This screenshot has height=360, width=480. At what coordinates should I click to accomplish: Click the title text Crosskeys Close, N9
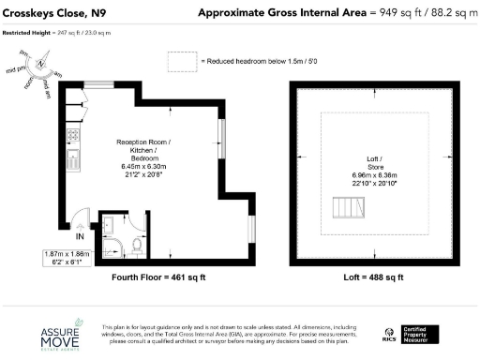52,12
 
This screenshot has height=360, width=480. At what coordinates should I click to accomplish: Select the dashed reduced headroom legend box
180,61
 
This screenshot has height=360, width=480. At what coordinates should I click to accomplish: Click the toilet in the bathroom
137,247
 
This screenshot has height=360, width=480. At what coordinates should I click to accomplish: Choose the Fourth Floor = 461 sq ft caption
144,277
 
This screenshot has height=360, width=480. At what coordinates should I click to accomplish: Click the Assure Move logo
67,337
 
